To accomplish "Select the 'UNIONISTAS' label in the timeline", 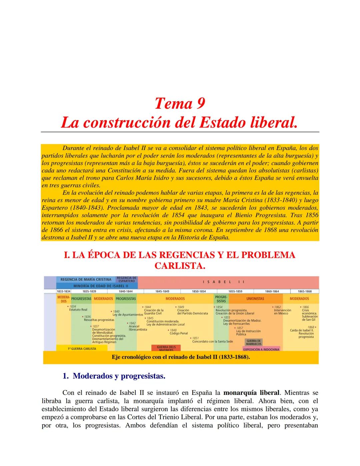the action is pyautogui.click(x=255, y=299).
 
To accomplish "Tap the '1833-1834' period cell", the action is pyautogui.click(x=63, y=291).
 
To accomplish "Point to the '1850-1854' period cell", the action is pyautogui.click(x=199, y=291).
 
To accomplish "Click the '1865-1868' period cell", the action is pyautogui.click(x=304, y=291).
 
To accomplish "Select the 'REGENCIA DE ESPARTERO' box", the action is pyautogui.click(x=126, y=280).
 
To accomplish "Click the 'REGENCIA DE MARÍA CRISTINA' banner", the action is pyautogui.click(x=86, y=280).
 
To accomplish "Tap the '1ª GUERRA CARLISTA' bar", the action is pyautogui.click(x=82, y=349).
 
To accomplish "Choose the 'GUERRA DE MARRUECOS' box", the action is pyautogui.click(x=254, y=342).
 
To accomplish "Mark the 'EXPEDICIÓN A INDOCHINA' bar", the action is pyautogui.click(x=261, y=349).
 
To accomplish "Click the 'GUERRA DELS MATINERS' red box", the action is pyautogui.click(x=166, y=348).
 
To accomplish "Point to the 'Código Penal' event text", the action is pyautogui.click(x=179, y=333).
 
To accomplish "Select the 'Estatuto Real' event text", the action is pyautogui.click(x=78, y=310).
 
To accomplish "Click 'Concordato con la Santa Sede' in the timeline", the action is pyautogui.click(x=212, y=341).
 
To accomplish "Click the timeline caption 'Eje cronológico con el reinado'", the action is pyautogui.click(x=181, y=357).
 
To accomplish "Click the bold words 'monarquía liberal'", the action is pyautogui.click(x=251, y=393).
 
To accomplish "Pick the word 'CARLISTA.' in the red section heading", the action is pyautogui.click(x=180, y=266).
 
